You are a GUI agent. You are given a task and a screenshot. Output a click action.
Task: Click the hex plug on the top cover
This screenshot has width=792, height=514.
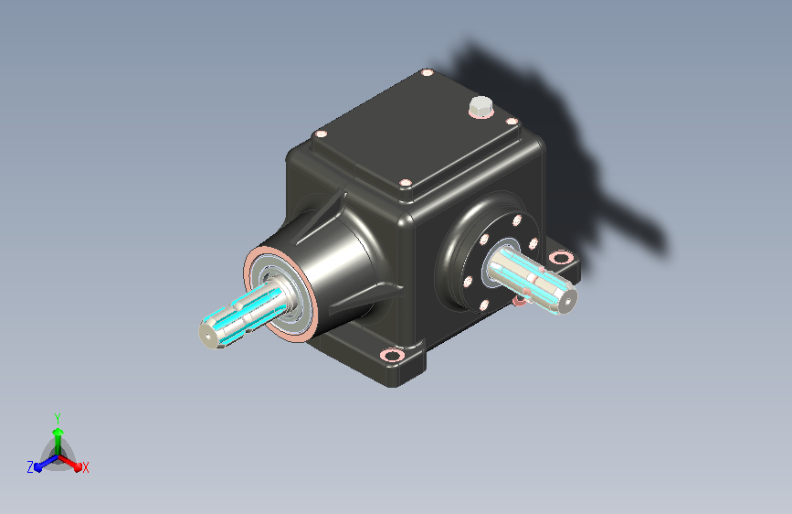pyautogui.click(x=480, y=106)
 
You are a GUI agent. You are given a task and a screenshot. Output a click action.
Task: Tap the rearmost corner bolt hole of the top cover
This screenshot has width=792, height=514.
pyautogui.click(x=427, y=73)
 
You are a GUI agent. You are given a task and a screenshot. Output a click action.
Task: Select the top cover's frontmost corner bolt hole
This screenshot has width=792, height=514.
pyautogui.click(x=405, y=183)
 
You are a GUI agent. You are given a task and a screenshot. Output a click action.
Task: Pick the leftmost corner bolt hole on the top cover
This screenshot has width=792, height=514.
pyautogui.click(x=321, y=134)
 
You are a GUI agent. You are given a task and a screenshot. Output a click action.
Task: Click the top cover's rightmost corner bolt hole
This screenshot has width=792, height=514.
pyautogui.click(x=512, y=122)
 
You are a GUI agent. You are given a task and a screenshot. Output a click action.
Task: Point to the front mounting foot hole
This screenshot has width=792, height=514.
pyautogui.click(x=392, y=355)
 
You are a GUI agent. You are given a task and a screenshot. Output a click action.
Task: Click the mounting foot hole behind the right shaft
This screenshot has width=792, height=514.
pyautogui.click(x=560, y=258)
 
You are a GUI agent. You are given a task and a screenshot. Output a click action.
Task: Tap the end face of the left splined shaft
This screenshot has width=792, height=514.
pyautogui.click(x=207, y=336)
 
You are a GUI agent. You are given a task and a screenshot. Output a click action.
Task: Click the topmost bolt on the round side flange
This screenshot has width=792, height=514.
pyautogui.click(x=517, y=220)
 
